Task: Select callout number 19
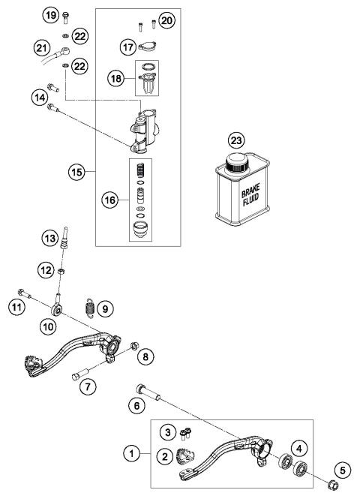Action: coord(50,15)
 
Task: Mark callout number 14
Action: coord(39,96)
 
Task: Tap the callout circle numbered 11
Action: coord(13,305)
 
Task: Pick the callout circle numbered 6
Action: coord(137,406)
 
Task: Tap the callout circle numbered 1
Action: coord(133,453)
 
